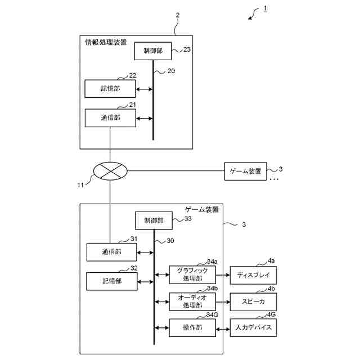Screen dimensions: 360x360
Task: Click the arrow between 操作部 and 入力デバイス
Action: (223, 330)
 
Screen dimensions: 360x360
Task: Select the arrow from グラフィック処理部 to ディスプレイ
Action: (223, 275)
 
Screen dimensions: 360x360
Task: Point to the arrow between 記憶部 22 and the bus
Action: (144, 89)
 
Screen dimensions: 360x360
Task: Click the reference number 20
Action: (171, 71)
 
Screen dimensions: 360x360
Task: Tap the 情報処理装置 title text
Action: (106, 42)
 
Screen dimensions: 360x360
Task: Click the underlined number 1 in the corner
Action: (265, 9)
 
